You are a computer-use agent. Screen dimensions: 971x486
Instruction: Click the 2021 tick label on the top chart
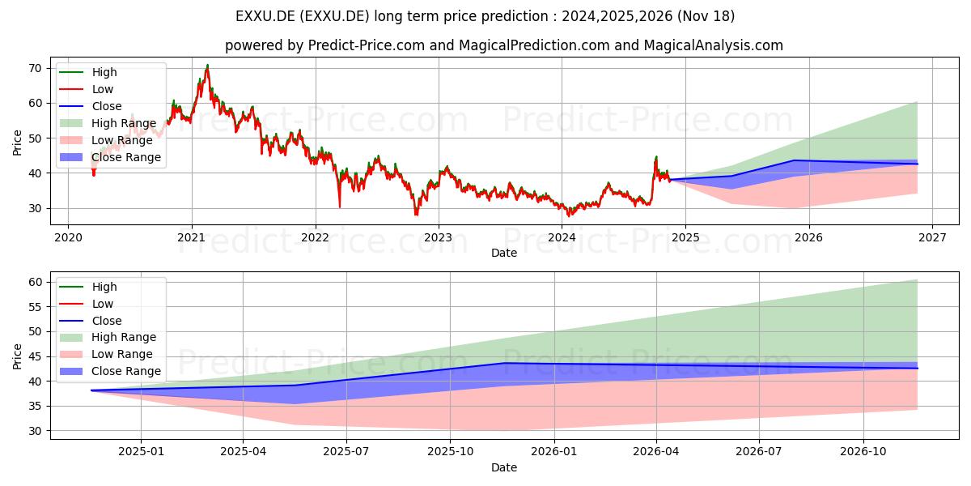191,238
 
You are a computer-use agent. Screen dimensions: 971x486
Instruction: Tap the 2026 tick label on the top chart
809,238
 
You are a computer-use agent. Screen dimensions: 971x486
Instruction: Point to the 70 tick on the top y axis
36,68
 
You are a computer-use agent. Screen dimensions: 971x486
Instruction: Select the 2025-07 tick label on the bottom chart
346,452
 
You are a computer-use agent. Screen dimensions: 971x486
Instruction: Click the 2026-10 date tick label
863,452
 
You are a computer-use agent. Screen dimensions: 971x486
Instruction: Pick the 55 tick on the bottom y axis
36,307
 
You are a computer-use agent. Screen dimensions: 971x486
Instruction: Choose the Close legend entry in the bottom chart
90,321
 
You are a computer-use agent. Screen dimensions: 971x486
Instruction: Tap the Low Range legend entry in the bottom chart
106,354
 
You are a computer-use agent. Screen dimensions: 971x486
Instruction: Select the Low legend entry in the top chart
86,89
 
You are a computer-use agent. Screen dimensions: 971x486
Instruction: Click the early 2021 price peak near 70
207,65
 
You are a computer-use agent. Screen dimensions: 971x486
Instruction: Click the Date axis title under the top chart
503,253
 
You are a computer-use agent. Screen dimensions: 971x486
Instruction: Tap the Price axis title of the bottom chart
17,356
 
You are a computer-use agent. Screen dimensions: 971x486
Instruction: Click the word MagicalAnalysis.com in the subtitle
713,45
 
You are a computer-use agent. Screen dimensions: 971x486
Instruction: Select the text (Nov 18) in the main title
706,16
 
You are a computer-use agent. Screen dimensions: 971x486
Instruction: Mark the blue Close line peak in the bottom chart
503,363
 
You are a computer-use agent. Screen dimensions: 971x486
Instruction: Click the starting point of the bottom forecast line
91,390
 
